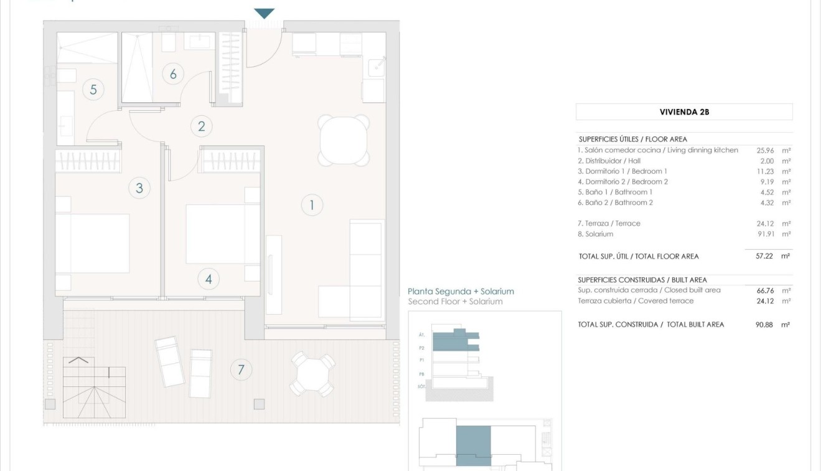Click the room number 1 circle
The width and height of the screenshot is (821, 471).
pyautogui.click(x=312, y=205)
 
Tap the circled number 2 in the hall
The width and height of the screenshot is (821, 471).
pyautogui.click(x=201, y=126)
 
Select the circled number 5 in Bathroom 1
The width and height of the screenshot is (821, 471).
pyautogui.click(x=93, y=90)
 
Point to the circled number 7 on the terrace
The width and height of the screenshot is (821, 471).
pyautogui.click(x=241, y=370)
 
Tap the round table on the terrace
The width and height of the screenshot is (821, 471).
pyautogui.click(x=312, y=374)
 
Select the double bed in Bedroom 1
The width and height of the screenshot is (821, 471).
pyautogui.click(x=93, y=243)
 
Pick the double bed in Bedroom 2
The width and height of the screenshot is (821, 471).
pyautogui.click(x=223, y=234)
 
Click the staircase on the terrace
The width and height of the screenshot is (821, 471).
pyautogui.click(x=93, y=389)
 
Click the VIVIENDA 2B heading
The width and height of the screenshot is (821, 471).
pyautogui.click(x=684, y=112)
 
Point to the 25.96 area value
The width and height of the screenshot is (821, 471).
pyautogui.click(x=764, y=150)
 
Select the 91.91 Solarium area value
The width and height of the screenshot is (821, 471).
pyautogui.click(x=764, y=234)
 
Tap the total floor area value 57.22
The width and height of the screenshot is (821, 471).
pyautogui.click(x=764, y=256)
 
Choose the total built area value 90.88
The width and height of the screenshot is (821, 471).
pyautogui.click(x=764, y=325)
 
